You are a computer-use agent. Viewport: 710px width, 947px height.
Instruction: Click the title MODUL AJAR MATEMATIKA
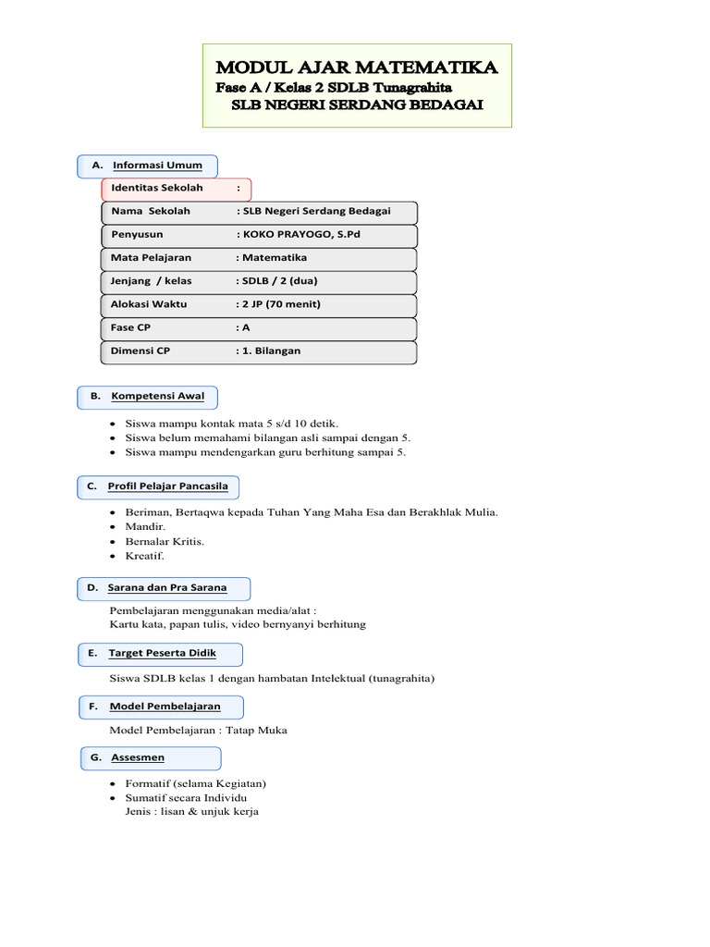tap(357, 68)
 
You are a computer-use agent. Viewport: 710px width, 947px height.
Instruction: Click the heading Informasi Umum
tap(157, 166)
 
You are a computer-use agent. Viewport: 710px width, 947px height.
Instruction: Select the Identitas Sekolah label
tap(156, 188)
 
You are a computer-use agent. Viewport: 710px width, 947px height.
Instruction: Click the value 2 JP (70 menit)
tap(281, 304)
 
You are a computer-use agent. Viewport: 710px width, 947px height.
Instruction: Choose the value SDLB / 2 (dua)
tap(280, 281)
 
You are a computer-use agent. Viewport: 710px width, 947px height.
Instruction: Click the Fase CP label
tap(130, 327)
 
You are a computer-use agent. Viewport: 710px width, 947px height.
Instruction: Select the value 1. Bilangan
tap(271, 351)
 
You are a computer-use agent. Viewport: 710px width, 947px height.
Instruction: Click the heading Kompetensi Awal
tap(158, 397)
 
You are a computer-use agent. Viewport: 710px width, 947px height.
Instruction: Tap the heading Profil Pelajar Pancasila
tap(167, 486)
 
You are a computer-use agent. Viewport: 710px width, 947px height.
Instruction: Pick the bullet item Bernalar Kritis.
tap(165, 541)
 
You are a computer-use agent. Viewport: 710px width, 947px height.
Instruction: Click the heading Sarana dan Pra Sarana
tap(166, 587)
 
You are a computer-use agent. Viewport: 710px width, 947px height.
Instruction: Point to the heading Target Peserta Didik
tap(163, 653)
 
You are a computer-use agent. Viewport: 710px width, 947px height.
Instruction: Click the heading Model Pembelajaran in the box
tap(165, 707)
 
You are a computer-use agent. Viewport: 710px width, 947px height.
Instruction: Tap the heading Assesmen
tap(138, 757)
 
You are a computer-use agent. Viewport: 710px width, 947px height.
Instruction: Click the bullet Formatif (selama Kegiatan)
tap(195, 783)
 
